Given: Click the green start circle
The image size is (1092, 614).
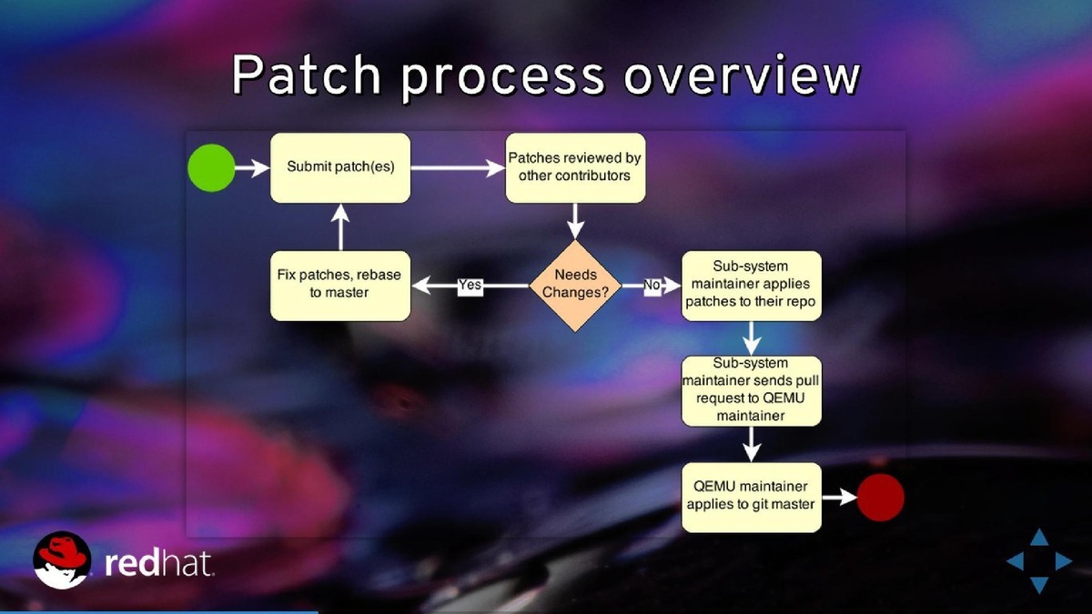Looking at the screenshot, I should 211,167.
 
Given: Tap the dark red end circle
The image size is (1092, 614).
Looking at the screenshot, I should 880,498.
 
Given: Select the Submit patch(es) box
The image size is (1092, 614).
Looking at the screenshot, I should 340,167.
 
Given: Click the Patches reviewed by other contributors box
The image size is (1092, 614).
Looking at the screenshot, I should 575,167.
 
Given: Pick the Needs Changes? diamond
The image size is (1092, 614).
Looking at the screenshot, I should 576,286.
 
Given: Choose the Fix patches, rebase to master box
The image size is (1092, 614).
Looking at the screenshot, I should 340,286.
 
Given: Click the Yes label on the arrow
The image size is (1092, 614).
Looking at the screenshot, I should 470,286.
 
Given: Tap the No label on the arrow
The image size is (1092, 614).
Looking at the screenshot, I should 652,286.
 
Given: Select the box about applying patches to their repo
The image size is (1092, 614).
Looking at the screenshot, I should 752,286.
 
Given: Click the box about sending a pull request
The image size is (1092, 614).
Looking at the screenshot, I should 752,390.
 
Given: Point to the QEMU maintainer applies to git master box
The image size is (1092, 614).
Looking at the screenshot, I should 752,498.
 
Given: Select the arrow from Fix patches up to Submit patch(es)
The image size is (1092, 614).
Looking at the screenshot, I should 340,226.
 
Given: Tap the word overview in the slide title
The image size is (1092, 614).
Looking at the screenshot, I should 742,76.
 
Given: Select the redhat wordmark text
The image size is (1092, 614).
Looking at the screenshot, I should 160,564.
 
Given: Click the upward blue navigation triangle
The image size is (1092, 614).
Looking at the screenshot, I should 1038,539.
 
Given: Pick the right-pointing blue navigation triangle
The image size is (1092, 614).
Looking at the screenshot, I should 1062,561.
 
